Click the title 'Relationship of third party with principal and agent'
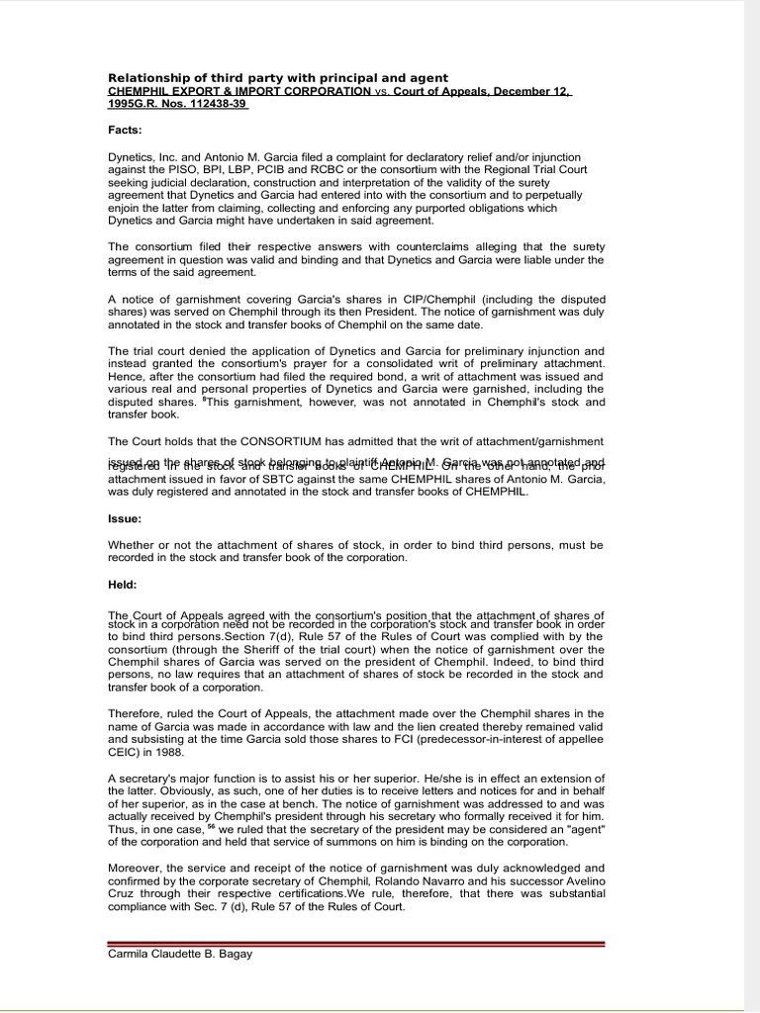point(278,77)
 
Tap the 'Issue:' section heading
point(126,517)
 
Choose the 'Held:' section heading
point(124,585)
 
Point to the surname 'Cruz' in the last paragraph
point(126,893)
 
